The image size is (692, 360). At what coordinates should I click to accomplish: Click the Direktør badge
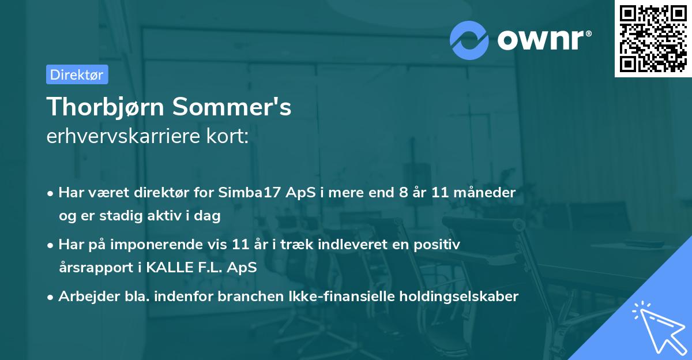pos(77,74)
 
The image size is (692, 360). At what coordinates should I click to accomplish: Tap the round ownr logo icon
pos(469,40)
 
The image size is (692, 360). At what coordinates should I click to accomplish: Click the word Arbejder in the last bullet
pos(84,297)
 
